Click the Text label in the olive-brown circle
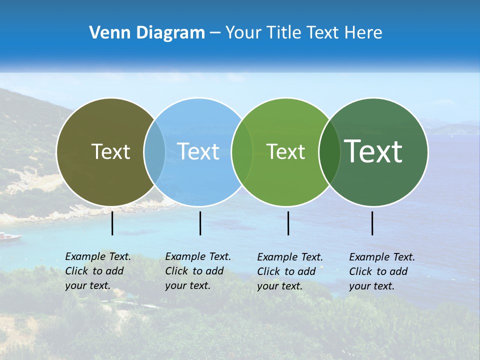click(x=110, y=151)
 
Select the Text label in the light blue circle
click(x=198, y=151)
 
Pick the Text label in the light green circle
click(x=286, y=151)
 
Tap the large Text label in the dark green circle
click(x=373, y=151)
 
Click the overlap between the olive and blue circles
click(x=154, y=151)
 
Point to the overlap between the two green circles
click(x=329, y=151)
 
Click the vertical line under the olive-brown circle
click(x=112, y=223)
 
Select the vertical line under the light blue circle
click(x=200, y=223)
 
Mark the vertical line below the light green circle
click(x=288, y=223)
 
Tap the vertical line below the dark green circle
click(x=372, y=223)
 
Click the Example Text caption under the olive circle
click(x=98, y=271)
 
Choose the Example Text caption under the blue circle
click(x=198, y=271)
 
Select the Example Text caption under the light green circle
click(x=290, y=271)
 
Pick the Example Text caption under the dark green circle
click(x=382, y=271)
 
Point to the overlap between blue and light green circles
click(x=242, y=151)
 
